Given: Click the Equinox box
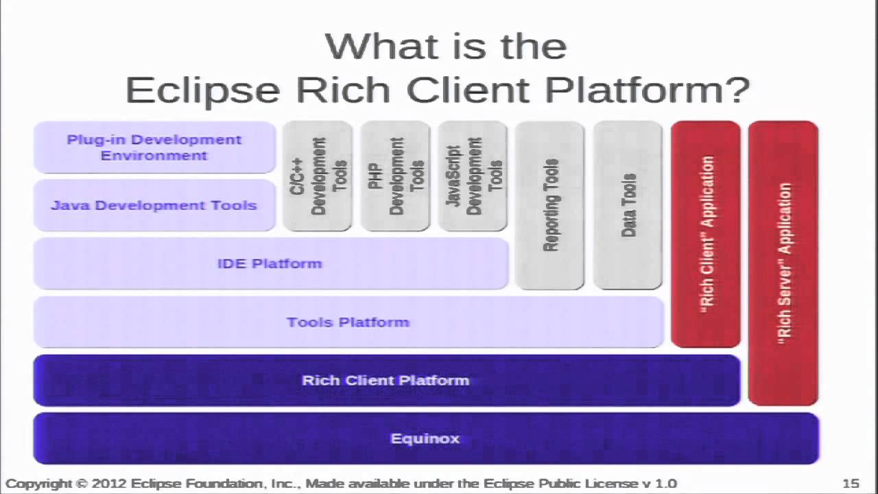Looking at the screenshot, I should tap(425, 438).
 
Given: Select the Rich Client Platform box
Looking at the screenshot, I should tap(386, 380).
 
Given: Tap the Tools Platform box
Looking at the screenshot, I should tap(348, 322).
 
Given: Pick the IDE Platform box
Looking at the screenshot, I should tap(270, 263).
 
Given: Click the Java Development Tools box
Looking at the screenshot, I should tap(154, 205).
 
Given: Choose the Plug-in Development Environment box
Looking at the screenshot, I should tap(154, 148).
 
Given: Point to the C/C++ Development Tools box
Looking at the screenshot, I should tap(318, 176).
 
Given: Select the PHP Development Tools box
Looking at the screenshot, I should tap(395, 176).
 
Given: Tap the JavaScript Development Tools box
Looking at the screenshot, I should tap(473, 176).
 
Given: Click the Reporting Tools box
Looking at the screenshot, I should tap(549, 205).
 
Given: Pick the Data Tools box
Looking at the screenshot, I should tap(628, 205).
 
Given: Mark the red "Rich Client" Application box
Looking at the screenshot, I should tap(706, 234).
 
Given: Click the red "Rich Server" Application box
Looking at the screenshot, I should tap(783, 263).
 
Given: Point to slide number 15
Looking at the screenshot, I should tap(851, 484).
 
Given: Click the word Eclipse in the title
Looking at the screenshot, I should tap(202, 90).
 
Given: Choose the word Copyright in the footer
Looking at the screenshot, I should tap(39, 484).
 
